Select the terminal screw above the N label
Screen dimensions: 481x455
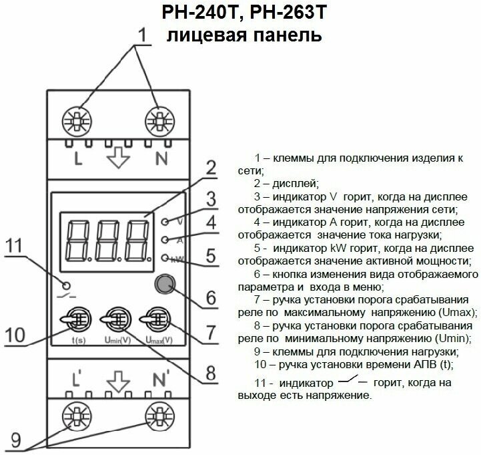coord(159,120)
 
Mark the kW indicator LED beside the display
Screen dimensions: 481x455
coord(165,258)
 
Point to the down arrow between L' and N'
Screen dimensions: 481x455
coord(119,379)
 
